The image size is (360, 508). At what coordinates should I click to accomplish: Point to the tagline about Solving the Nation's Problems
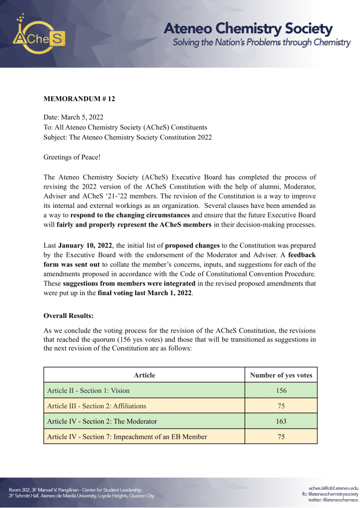(x=261, y=43)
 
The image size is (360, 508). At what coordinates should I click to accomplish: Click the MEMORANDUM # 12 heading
(x=79, y=99)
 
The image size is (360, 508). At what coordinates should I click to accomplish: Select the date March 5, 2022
(x=82, y=118)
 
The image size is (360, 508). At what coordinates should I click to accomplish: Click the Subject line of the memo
(x=128, y=137)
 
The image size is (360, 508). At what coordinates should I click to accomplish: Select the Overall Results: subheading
(x=69, y=315)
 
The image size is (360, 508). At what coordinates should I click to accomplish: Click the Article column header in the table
(x=144, y=375)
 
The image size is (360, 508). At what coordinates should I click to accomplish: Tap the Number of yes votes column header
(x=282, y=375)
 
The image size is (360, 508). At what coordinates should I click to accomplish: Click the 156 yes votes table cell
(x=282, y=390)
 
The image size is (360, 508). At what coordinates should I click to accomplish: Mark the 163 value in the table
(x=282, y=421)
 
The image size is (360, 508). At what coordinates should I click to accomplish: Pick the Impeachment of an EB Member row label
(x=127, y=437)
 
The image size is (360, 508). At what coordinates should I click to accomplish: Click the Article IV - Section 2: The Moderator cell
(x=102, y=421)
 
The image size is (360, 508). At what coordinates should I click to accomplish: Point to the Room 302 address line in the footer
(x=75, y=490)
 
